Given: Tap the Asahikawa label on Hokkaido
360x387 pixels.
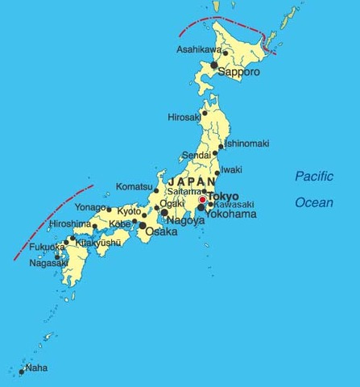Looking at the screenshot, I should point(198,50).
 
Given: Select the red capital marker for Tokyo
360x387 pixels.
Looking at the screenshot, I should point(203,199).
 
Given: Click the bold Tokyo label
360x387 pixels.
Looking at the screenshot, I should point(225,197).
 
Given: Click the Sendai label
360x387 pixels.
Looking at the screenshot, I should point(196,154).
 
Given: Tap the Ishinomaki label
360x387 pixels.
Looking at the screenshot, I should point(247,144).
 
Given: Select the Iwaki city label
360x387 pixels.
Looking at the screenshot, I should point(232,169).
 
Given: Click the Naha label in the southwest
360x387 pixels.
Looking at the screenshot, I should point(37,368).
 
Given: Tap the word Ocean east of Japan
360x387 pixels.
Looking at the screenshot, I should point(313,202).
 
